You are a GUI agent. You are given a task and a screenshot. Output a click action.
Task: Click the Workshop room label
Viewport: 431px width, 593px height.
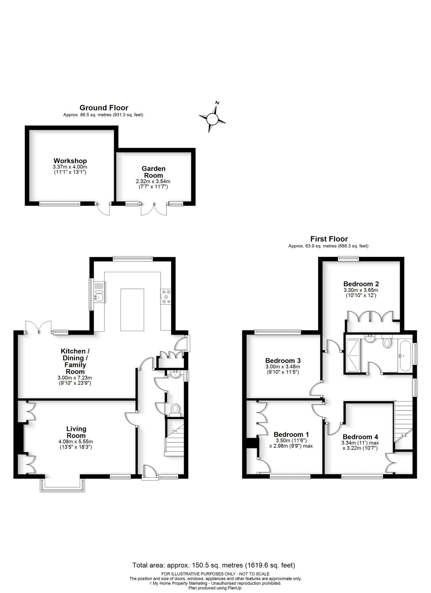click(70, 161)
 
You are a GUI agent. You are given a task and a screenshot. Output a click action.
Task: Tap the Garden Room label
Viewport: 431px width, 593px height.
click(153, 172)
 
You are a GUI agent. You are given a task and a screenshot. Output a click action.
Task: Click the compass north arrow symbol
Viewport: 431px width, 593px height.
click(213, 118)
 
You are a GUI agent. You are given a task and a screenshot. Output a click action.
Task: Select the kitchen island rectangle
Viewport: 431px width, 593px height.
click(132, 310)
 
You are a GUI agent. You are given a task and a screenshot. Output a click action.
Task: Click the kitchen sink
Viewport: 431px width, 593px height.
click(99, 292)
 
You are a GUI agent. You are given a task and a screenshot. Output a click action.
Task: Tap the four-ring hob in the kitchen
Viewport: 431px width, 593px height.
click(166, 296)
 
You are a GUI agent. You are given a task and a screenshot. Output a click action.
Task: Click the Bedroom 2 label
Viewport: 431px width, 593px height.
click(361, 284)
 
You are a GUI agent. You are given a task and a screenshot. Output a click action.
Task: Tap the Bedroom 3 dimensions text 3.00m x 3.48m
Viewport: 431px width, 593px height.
click(283, 367)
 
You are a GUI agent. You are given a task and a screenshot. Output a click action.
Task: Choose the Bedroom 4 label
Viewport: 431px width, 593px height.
click(360, 437)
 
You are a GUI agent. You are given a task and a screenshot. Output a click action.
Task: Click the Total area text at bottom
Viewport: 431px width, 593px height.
click(213, 565)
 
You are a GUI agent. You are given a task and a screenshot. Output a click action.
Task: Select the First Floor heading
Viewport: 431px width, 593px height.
click(329, 239)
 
